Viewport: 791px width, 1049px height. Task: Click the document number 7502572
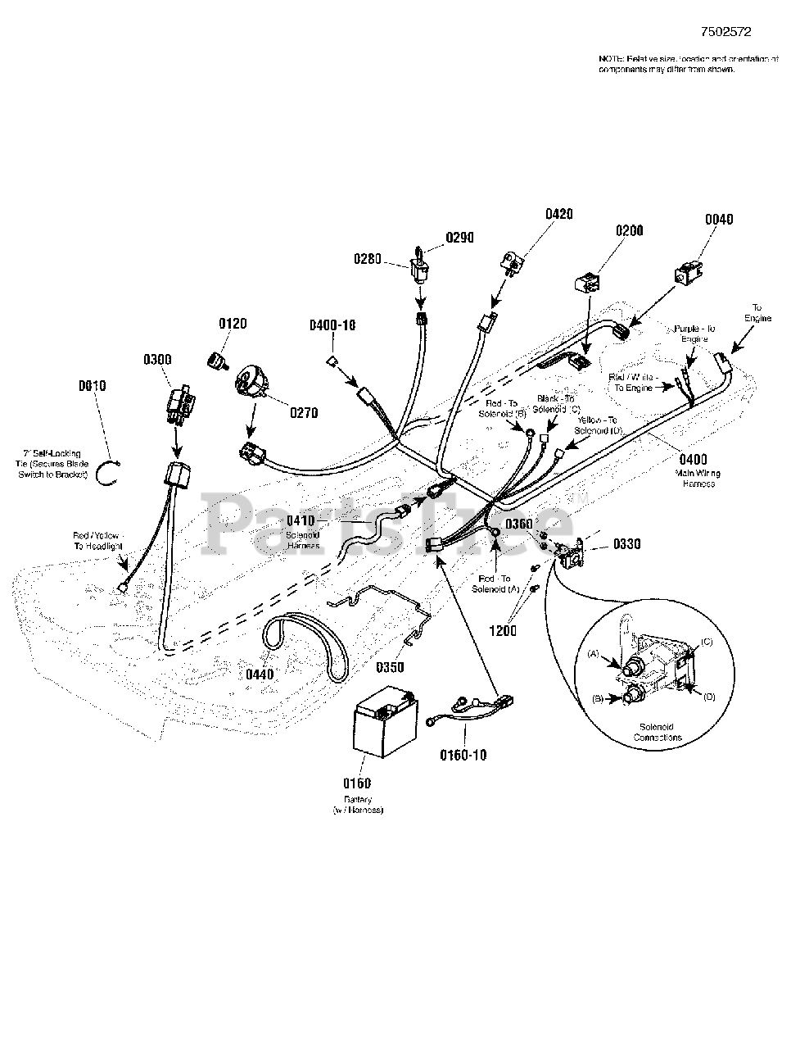(x=725, y=33)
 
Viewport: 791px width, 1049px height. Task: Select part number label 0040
(x=718, y=219)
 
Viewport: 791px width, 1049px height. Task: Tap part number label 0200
(x=629, y=231)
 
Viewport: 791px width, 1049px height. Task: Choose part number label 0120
(x=233, y=325)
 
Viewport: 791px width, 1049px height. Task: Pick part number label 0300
(x=157, y=358)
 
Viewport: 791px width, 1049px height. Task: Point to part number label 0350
(x=391, y=667)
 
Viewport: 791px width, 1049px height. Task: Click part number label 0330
(x=626, y=543)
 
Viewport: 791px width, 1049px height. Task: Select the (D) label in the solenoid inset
(x=708, y=697)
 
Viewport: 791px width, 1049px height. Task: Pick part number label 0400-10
(x=332, y=325)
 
